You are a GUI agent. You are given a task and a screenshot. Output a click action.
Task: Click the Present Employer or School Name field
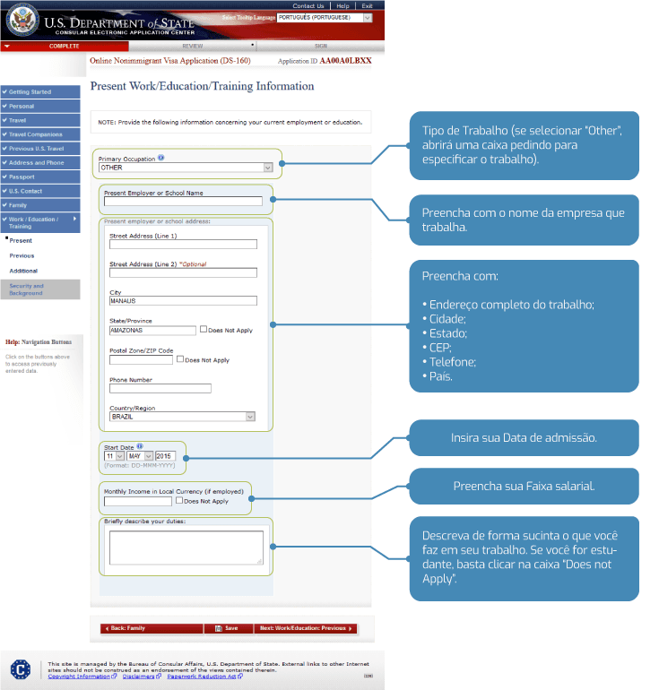coord(182,202)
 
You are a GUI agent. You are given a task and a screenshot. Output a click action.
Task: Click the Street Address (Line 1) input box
coord(183,243)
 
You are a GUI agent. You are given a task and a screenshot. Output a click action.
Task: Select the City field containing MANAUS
coord(183,301)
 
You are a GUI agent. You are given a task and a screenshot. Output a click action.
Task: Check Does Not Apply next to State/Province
coord(204,329)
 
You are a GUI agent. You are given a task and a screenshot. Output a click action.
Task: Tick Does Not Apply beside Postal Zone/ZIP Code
coord(180,359)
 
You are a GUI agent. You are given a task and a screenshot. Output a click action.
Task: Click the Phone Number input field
coord(160,388)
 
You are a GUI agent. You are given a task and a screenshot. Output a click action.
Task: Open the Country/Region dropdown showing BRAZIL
coord(182,417)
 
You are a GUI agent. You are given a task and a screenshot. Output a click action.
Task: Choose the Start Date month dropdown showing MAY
coord(140,456)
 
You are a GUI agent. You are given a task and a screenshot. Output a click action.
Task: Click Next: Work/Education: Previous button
coord(305,628)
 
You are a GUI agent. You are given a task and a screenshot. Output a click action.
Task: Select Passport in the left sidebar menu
coord(40,177)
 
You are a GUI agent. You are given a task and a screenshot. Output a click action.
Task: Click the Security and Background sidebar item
coord(40,289)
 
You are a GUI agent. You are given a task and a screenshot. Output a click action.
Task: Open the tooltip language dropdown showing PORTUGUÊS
coord(324,17)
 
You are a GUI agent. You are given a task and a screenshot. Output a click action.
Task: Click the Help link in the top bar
coord(343,5)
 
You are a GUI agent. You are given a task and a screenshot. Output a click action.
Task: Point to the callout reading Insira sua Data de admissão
coord(524,438)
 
